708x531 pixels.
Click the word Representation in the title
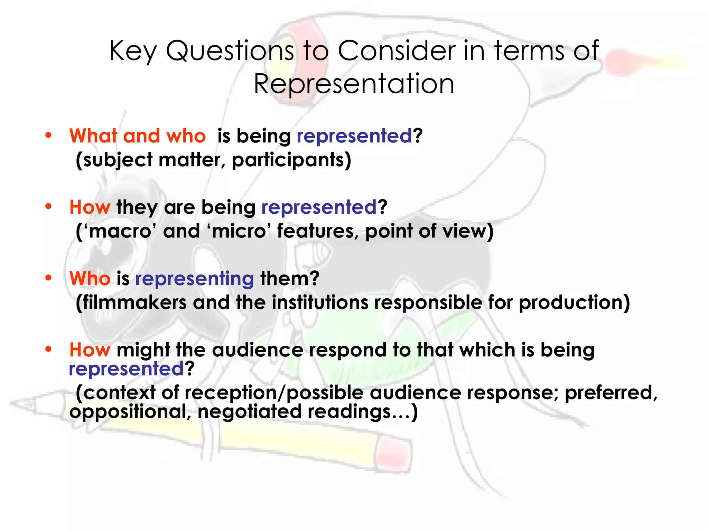point(354,84)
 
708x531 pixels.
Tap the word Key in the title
point(133,51)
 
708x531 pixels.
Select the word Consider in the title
point(397,51)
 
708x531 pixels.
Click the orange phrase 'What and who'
point(137,136)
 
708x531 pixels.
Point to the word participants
point(291,160)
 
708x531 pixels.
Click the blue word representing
point(194,279)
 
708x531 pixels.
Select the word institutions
point(320,302)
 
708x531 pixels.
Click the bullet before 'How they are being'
point(48,207)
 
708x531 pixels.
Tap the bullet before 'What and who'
point(48,135)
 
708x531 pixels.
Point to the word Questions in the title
point(230,51)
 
